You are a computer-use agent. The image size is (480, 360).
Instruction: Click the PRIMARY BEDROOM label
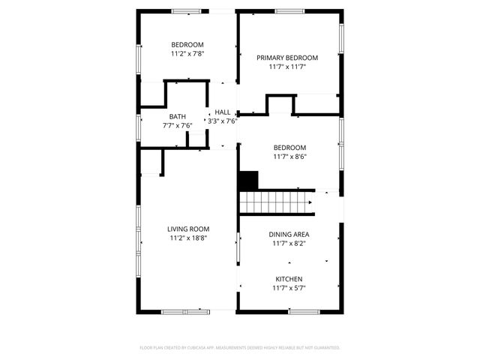287,58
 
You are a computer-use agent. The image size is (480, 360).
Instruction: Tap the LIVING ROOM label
188,229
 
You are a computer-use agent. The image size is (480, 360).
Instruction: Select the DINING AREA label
289,234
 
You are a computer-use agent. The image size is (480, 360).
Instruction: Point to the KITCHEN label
289,279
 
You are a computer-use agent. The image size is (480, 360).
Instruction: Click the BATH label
178,116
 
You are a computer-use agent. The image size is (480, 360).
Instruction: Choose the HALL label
223,112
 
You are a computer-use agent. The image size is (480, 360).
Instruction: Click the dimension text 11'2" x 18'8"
188,238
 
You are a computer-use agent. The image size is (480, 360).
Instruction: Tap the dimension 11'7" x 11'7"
287,67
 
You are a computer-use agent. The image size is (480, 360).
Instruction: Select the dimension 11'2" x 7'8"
187,54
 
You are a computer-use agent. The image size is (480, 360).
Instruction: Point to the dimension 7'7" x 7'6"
178,125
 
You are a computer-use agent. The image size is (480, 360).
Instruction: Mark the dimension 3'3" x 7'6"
223,121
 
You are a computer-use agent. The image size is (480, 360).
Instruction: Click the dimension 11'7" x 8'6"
289,157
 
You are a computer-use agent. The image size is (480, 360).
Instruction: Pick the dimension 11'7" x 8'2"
289,243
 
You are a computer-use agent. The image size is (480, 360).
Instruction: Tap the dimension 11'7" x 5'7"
289,288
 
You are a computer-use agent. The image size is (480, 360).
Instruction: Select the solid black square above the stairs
248,180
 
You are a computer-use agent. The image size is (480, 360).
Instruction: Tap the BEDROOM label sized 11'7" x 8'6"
289,148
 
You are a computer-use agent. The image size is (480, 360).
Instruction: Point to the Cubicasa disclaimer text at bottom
240,348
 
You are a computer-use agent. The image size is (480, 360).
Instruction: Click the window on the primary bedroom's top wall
289,11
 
